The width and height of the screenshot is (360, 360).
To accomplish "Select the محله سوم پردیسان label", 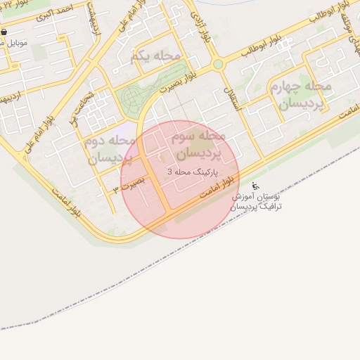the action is (198, 143).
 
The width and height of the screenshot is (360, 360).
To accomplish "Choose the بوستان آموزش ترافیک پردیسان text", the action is (257, 202).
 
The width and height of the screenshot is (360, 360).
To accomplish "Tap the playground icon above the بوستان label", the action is (255, 186).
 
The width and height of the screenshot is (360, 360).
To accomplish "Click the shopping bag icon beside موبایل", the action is (4, 32).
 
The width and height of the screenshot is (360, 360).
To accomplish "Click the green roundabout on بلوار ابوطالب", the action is (218, 64).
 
